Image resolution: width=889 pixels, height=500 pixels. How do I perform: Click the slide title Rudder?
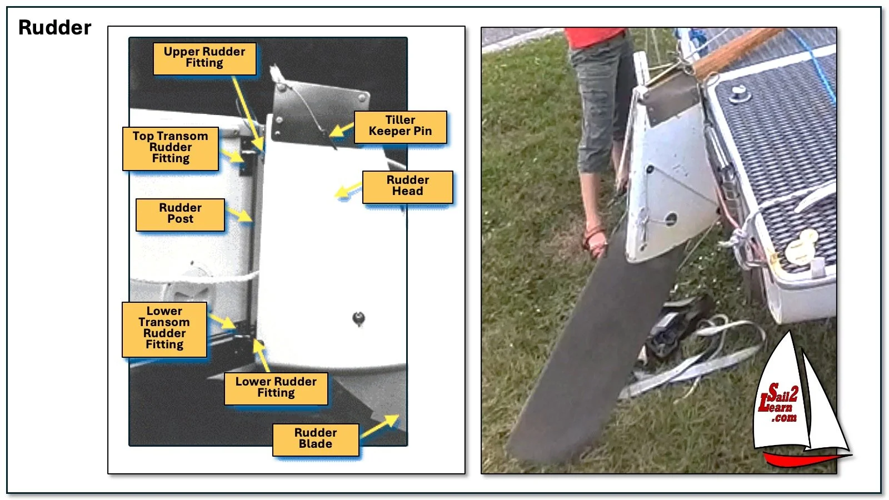click(x=54, y=28)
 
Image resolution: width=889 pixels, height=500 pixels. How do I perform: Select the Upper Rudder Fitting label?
click(x=204, y=58)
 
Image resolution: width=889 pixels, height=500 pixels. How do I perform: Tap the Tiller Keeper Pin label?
click(x=400, y=126)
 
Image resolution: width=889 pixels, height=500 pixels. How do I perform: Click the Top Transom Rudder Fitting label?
click(x=170, y=148)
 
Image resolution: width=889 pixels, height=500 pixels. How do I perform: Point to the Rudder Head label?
click(x=407, y=186)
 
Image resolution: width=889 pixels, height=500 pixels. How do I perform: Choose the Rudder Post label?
click(x=180, y=214)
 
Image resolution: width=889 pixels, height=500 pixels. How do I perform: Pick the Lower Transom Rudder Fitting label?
click(x=164, y=328)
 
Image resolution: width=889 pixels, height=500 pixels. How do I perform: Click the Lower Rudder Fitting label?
click(x=276, y=388)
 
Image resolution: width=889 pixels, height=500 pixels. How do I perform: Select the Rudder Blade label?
click(x=315, y=439)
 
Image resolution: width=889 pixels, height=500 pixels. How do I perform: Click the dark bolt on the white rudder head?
click(x=358, y=319)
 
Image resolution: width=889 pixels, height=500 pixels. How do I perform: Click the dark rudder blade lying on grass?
click(x=589, y=356)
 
